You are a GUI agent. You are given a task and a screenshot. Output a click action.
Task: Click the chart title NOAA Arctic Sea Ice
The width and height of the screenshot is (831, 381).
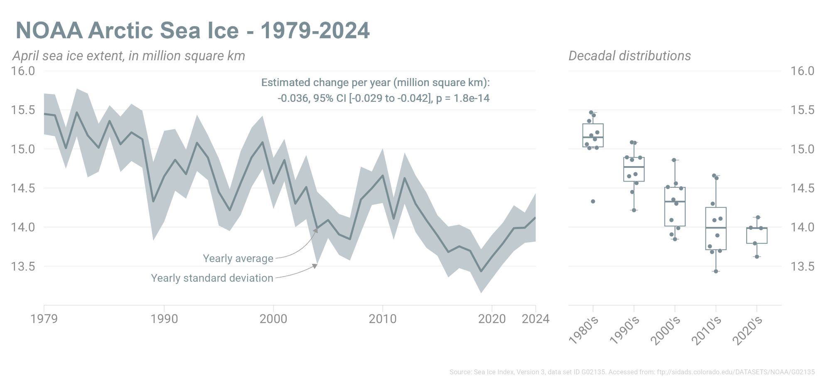coord(192,30)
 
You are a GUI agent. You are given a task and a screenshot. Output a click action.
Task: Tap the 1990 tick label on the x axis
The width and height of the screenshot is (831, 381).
coord(164,319)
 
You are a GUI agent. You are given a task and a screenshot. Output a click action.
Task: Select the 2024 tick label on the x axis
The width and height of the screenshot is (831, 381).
coord(535,319)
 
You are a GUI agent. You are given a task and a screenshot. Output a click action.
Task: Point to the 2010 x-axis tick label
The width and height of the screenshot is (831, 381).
coord(382,319)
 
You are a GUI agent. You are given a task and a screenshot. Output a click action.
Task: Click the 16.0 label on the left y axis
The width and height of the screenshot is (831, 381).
coord(23,71)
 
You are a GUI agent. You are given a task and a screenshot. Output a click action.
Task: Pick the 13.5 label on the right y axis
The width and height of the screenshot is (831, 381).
coord(802,266)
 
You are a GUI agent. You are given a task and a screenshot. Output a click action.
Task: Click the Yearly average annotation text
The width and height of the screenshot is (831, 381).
coord(238,258)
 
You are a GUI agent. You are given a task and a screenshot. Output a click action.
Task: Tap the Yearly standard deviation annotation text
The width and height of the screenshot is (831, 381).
coord(212,278)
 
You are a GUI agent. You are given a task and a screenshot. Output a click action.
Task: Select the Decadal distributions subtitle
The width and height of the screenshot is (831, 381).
coord(629,56)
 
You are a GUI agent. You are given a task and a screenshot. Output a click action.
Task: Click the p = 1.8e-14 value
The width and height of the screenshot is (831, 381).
coord(463,98)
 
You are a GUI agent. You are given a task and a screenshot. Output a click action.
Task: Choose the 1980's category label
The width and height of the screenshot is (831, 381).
coord(583,331)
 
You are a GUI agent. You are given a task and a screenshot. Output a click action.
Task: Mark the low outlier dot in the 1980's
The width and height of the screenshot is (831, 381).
coord(593,202)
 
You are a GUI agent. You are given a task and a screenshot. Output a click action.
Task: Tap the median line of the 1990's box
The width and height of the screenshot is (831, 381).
coord(634,167)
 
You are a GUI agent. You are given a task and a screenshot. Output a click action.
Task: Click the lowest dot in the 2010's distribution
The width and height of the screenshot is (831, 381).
coord(716,271)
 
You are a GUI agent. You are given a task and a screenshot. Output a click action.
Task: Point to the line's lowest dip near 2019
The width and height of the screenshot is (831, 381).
coord(481,271)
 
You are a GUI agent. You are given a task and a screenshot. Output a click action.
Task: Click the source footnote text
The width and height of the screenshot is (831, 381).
coord(632,372)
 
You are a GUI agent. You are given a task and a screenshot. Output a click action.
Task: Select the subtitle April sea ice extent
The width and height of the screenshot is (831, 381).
coord(129,56)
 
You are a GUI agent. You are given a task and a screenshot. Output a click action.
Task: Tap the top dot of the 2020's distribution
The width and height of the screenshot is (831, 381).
coord(758,217)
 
